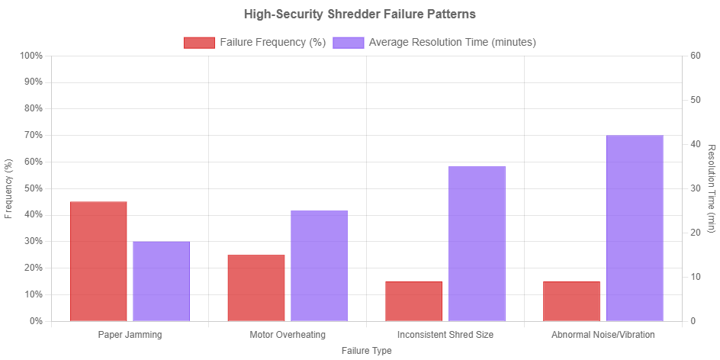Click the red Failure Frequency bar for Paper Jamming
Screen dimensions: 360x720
coord(98,261)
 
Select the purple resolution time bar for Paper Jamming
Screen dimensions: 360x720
coord(161,281)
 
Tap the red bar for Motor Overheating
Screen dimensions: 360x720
coord(256,288)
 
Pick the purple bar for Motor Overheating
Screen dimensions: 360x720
coord(319,265)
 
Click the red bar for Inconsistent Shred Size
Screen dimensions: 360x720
coord(413,301)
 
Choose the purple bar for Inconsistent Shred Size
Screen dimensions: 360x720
coord(477,243)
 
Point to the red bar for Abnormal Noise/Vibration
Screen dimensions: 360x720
coord(571,301)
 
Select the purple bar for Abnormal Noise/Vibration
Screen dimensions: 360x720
coord(635,228)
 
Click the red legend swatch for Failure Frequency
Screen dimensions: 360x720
coord(198,43)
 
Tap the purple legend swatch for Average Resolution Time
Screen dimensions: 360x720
coord(349,43)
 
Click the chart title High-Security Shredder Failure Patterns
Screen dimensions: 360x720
coord(359,14)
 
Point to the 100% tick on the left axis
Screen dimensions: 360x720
coord(32,56)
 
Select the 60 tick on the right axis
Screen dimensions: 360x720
coord(695,56)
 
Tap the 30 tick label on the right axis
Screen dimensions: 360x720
coord(695,188)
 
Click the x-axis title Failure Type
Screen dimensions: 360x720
coord(367,351)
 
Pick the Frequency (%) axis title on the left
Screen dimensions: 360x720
coord(8,188)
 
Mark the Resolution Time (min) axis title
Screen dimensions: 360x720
coord(712,188)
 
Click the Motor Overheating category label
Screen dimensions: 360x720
coord(288,335)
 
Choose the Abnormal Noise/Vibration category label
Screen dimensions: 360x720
coord(603,335)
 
